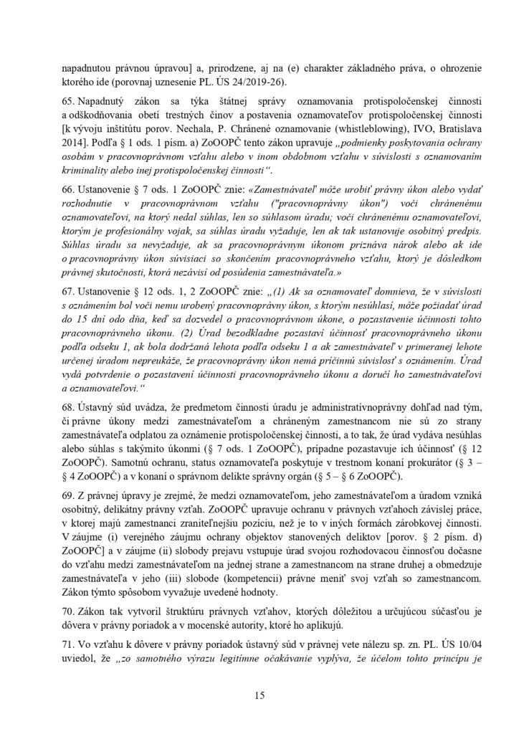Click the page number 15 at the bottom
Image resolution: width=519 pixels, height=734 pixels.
pos(259,695)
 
